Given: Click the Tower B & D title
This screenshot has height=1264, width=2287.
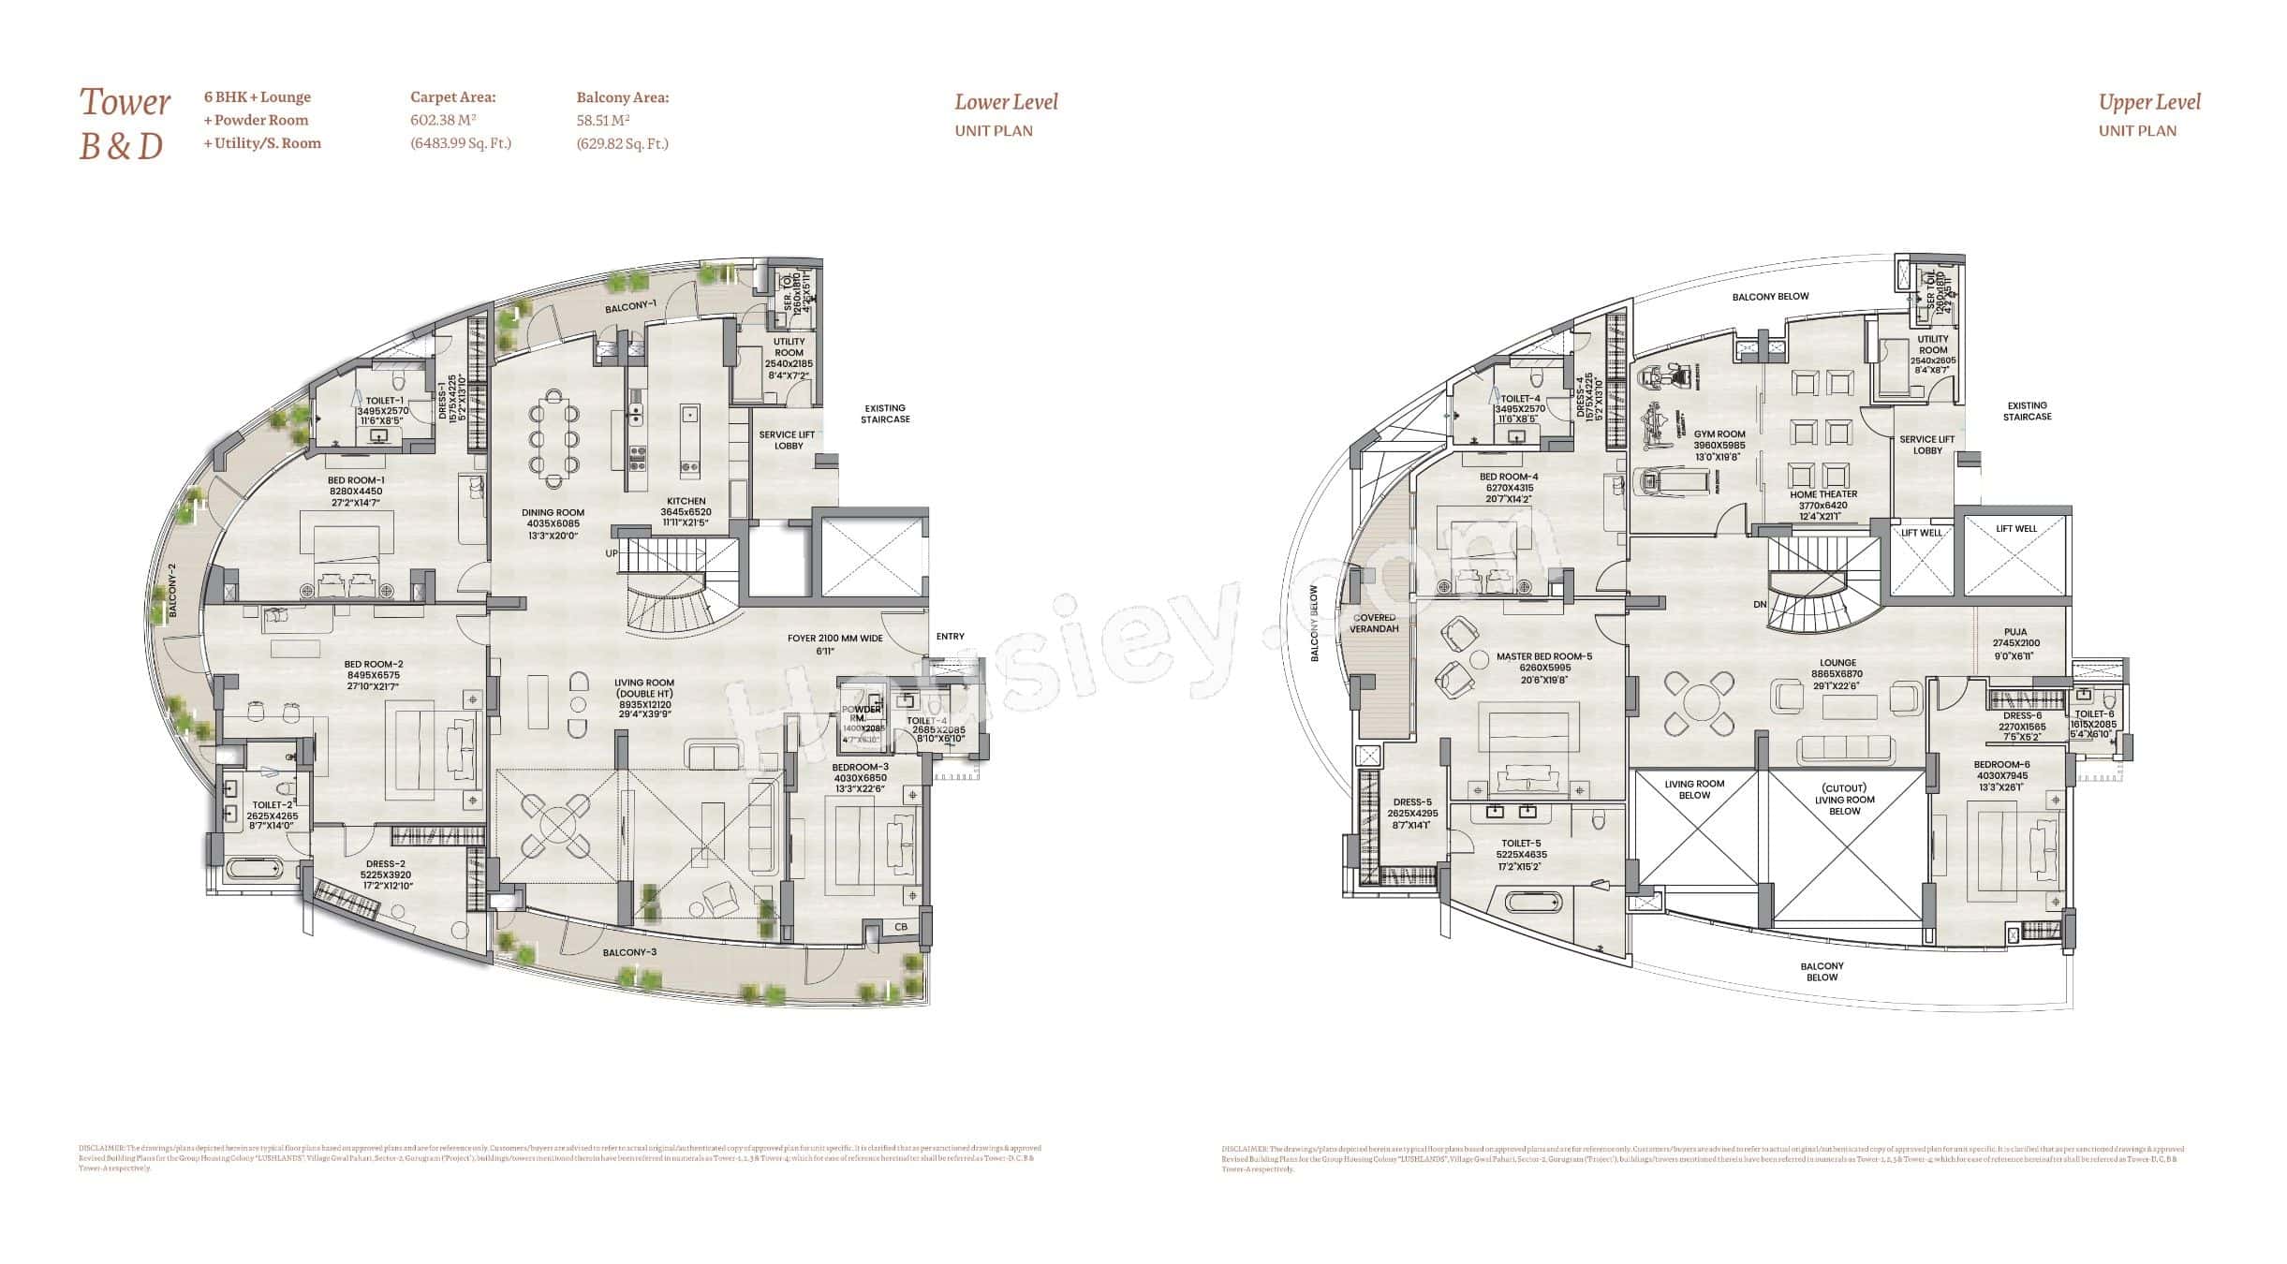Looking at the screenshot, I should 125,124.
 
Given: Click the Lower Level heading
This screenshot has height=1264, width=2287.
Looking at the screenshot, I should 1006,102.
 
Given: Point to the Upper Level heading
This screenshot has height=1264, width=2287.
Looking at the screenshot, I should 2148,102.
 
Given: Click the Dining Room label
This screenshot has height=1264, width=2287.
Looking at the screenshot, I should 553,513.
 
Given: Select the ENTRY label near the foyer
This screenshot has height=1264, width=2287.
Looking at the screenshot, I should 950,637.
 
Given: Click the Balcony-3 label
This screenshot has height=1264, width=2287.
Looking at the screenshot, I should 629,952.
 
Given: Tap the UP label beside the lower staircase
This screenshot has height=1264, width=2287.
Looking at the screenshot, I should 611,553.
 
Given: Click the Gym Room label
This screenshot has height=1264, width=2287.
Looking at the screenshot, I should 1719,434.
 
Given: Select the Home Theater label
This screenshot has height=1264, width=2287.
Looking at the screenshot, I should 1822,494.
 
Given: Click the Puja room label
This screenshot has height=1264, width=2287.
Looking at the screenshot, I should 2015,632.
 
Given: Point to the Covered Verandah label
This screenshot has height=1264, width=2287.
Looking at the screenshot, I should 1373,623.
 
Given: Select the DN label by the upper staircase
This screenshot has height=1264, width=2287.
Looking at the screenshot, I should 1760,605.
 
